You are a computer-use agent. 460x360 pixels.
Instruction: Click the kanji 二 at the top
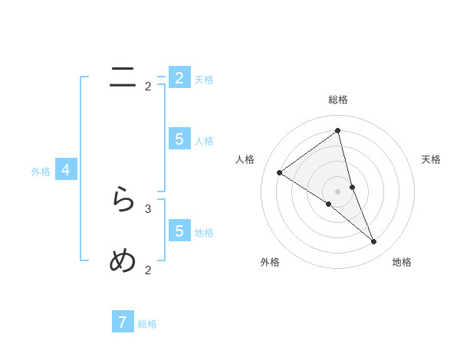pos(123,77)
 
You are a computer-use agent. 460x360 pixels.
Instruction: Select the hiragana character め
pos(123,261)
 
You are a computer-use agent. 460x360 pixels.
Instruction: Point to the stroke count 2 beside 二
pos(148,87)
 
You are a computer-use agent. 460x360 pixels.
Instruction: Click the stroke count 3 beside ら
pos(148,208)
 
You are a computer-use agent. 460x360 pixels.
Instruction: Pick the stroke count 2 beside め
pos(148,270)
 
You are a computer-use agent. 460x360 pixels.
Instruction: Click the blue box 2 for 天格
pos(179,78)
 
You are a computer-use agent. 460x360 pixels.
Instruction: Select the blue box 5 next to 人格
pos(179,139)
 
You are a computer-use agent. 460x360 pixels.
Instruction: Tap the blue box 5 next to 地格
pos(179,231)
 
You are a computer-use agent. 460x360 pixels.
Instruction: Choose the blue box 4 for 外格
pos(66,170)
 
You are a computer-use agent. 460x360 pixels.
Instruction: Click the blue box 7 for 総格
pos(123,322)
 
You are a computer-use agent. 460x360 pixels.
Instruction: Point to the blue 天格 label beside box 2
pos(204,80)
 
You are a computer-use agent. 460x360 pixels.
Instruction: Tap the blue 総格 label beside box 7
pos(147,324)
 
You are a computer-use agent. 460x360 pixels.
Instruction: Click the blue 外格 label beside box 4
pos(41,172)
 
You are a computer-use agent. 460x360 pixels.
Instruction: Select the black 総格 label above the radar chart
pos(338,100)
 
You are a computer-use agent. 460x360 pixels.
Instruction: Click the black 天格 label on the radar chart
pos(432,159)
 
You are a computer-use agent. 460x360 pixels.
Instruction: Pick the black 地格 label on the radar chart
pos(402,262)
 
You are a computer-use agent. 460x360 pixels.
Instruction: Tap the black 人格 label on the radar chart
pos(245,159)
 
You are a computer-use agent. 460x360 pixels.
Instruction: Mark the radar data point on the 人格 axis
pos(279,173)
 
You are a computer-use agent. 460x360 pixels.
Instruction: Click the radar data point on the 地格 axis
pos(374,242)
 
